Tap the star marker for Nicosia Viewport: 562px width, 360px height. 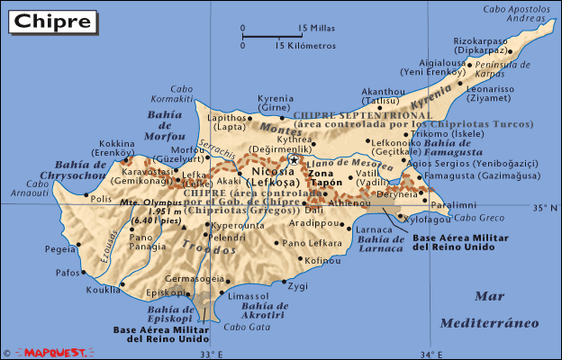(294, 160)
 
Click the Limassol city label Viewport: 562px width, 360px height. (249, 296)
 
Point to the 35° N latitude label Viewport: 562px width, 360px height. (545, 208)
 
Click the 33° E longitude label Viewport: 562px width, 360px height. (212, 353)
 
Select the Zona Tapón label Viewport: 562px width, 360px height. (326, 176)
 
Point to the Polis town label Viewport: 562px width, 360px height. (101, 199)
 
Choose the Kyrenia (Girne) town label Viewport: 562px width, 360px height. (276, 103)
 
